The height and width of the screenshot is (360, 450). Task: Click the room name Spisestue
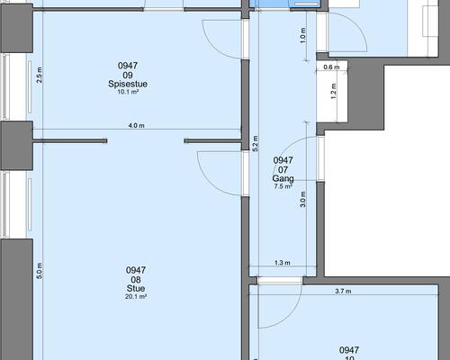click(128, 84)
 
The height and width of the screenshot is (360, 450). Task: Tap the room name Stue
click(136, 288)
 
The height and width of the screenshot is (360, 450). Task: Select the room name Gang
click(283, 178)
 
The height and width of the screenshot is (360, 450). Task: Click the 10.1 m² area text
click(128, 92)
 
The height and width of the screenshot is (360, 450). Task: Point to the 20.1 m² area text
click(136, 297)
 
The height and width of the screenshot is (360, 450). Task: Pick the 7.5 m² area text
click(283, 186)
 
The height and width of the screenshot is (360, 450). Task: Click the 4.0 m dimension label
click(136, 125)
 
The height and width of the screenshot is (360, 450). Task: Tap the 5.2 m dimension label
click(256, 143)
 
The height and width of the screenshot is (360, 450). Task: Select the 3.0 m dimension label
click(302, 199)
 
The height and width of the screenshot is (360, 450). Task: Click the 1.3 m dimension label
click(283, 263)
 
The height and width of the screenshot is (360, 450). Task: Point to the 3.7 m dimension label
click(343, 291)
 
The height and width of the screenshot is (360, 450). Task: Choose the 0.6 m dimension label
click(331, 67)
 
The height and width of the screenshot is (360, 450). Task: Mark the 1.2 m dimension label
click(333, 91)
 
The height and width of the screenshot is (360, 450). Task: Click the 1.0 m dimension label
click(303, 35)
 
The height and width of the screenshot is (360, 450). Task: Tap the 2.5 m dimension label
click(39, 75)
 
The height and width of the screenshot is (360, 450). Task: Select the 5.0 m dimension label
click(39, 271)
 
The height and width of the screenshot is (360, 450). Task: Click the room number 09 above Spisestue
click(128, 75)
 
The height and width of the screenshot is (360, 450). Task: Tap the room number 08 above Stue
click(136, 280)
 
